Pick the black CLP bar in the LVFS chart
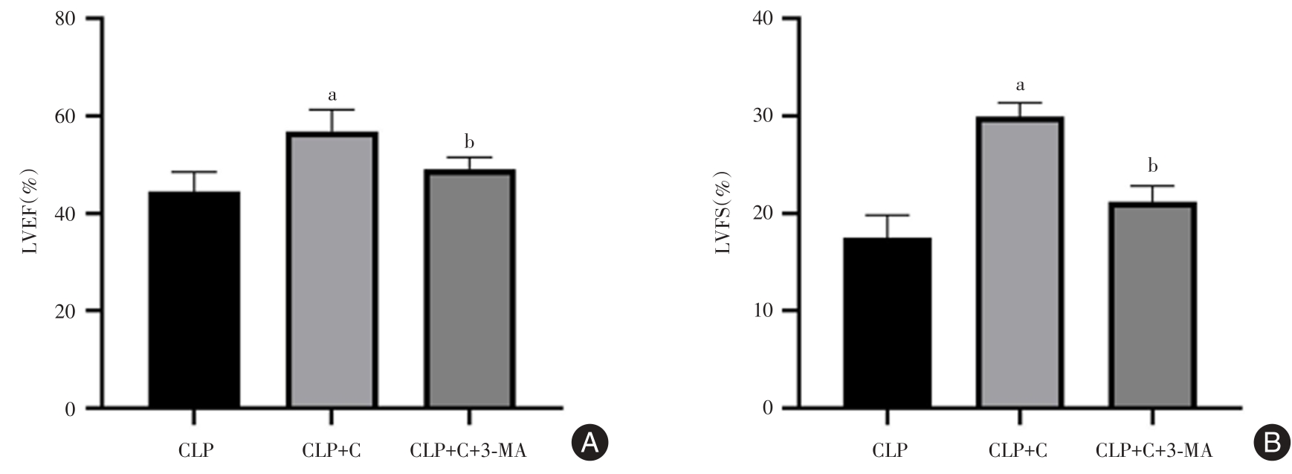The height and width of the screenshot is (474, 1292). tap(886, 323)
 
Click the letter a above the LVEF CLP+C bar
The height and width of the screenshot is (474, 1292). tap(332, 95)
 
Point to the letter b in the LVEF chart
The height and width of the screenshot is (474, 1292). tap(469, 141)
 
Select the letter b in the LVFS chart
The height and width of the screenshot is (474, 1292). tap(1153, 165)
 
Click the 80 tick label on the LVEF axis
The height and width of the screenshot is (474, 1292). tap(65, 19)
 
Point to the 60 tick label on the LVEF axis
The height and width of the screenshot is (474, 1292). tap(65, 116)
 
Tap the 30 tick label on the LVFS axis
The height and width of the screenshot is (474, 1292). tap(763, 116)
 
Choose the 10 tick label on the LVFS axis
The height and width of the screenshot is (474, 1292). tap(763, 311)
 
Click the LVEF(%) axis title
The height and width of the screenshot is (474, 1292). tap(30, 213)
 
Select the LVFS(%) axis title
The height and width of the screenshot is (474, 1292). tap(723, 213)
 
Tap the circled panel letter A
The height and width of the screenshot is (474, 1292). tap(590, 443)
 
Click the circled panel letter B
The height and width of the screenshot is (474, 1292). tap(1272, 443)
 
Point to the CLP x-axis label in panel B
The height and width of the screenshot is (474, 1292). tap(889, 451)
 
